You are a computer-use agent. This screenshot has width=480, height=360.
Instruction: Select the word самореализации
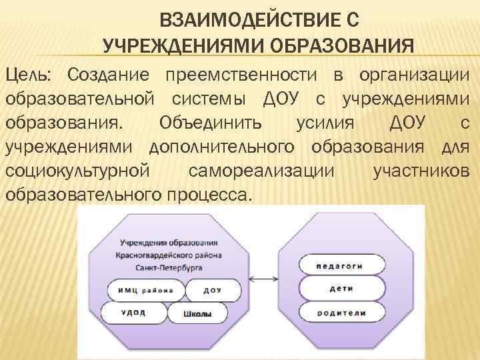pos(262,171)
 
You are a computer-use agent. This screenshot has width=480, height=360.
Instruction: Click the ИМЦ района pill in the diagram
pos(145,290)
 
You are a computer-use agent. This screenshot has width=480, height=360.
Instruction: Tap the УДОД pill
pos(134,313)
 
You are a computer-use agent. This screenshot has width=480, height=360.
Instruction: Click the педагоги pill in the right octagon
pos(341,265)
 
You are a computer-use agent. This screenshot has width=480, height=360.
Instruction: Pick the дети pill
pos(341,289)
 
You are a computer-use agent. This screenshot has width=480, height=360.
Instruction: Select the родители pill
pos(341,312)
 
